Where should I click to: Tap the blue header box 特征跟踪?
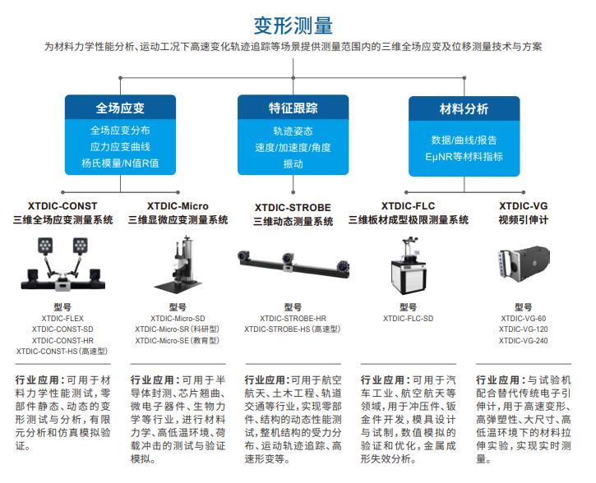293,108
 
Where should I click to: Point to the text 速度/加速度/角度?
293,147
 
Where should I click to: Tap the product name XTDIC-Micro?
178,205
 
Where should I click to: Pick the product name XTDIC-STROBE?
293,206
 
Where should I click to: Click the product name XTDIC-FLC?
408,205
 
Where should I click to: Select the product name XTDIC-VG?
522,205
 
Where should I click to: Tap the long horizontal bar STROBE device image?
293,260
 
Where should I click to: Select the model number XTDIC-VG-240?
523,340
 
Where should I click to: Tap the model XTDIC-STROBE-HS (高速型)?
293,329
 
